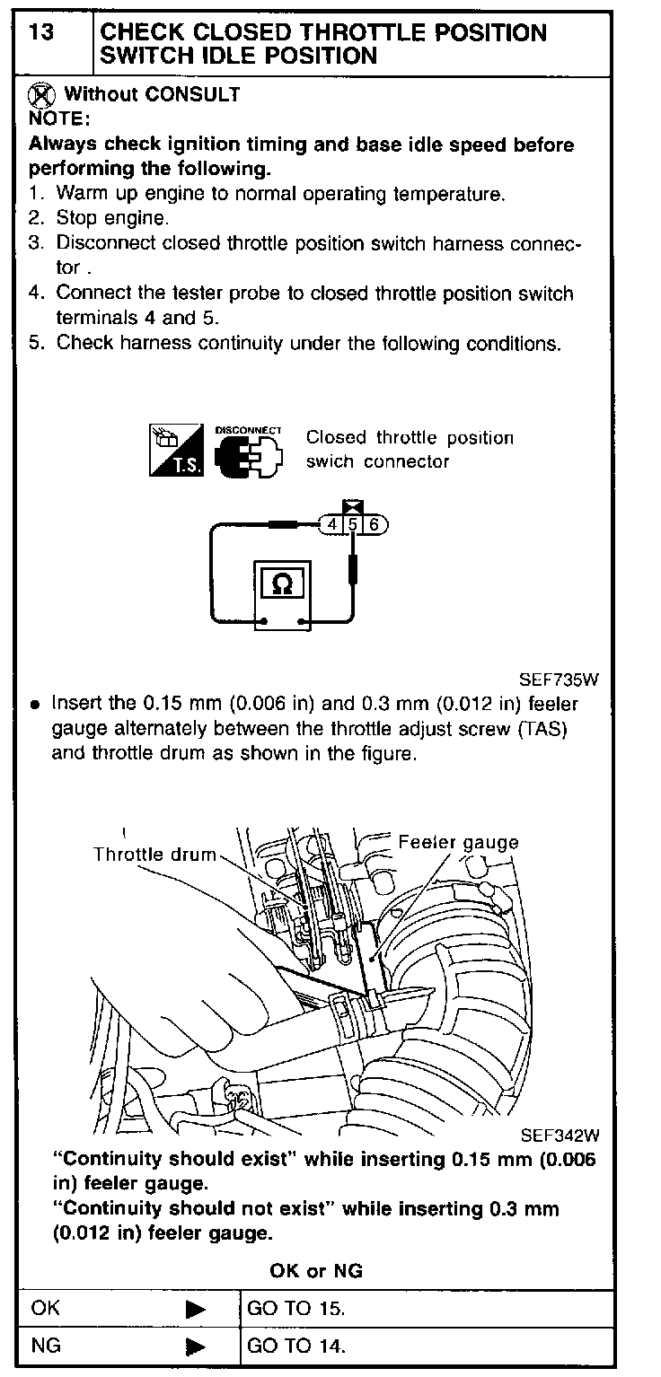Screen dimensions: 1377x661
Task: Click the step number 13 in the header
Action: click(40, 33)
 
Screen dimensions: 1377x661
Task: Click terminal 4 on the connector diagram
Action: click(332, 524)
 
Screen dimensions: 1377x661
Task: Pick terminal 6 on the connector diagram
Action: click(375, 524)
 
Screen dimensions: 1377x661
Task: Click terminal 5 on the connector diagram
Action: click(354, 524)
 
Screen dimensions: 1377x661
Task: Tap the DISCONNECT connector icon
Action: click(249, 452)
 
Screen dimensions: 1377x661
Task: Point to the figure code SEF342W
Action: click(560, 1135)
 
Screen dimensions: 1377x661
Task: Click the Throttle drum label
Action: click(154, 855)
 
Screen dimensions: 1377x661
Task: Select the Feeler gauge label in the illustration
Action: click(458, 842)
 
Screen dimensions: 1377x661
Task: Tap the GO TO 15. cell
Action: click(295, 1308)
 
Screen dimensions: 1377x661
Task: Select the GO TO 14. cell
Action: click(295, 1346)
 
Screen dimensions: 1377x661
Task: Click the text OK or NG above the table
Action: click(316, 1271)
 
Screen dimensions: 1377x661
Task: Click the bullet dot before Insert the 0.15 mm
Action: click(34, 706)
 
